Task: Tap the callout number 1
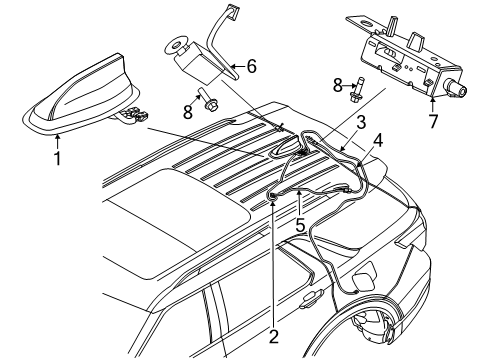click(x=57, y=158)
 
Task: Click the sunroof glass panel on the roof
click(x=160, y=220)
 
